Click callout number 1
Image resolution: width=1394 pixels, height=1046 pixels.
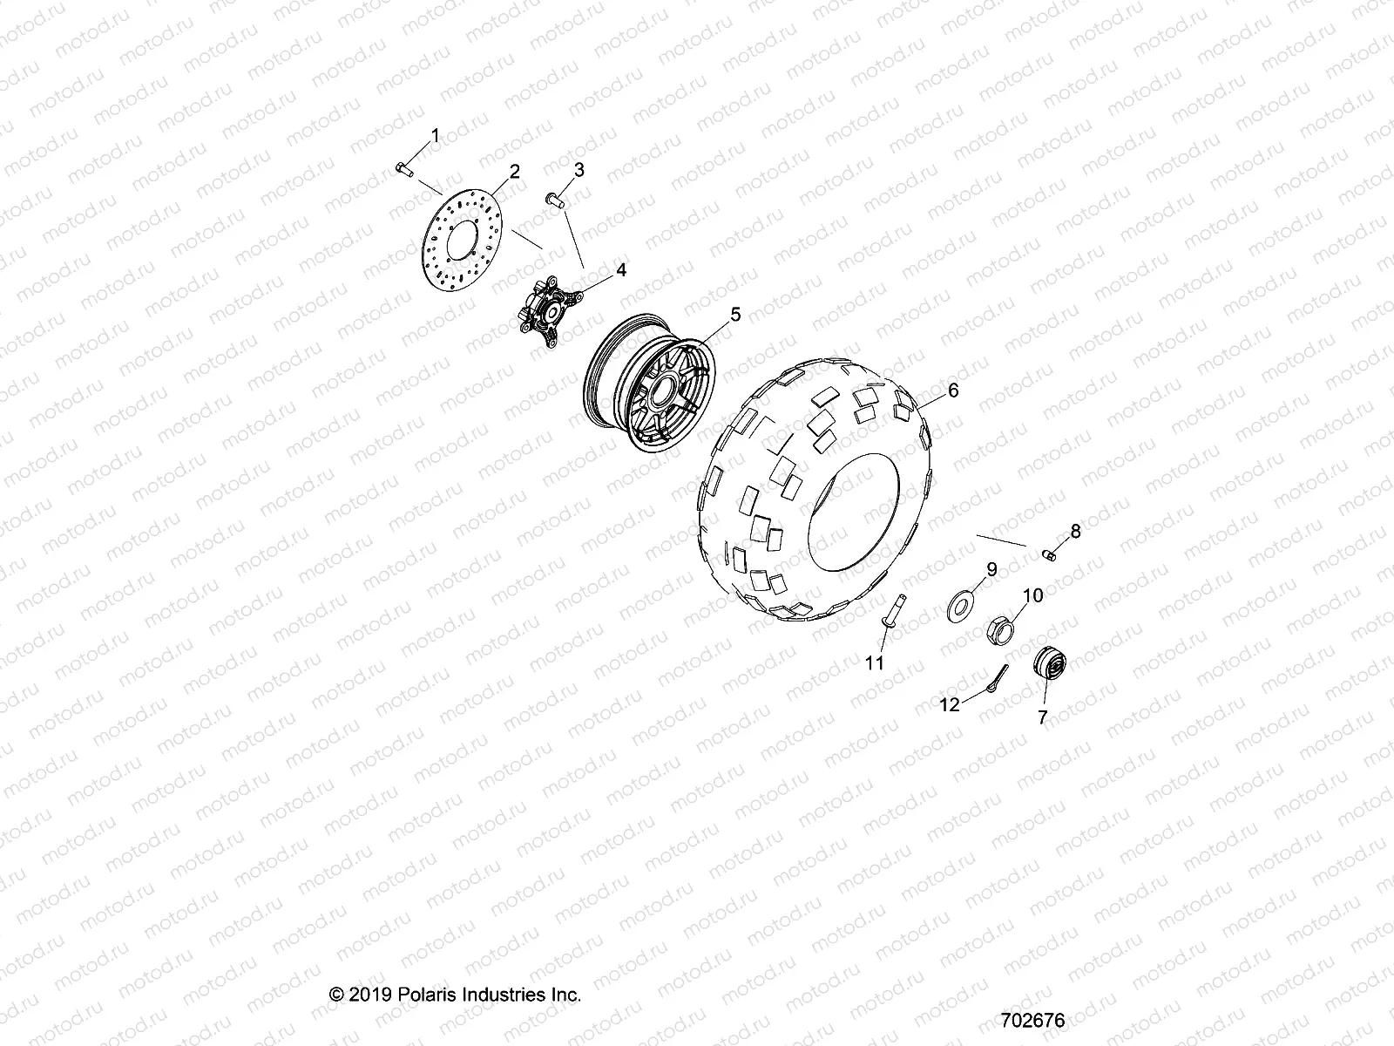pos(436,135)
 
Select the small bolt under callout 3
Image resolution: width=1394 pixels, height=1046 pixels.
pos(579,200)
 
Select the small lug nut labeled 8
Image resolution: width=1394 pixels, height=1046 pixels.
pos(1051,553)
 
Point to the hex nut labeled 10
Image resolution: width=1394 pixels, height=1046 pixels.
pos(1003,630)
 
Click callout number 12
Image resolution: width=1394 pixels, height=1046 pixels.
pos(949,704)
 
